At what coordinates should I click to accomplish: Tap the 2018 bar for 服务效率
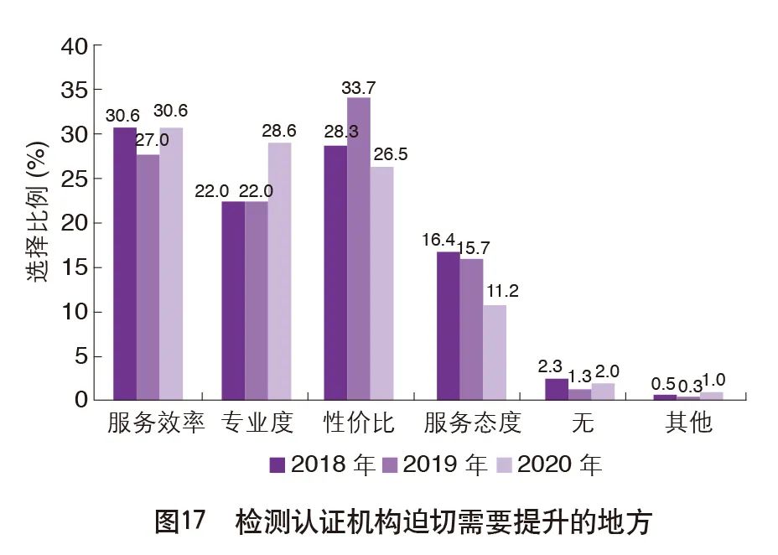125,263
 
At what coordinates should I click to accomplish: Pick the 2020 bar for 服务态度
495,352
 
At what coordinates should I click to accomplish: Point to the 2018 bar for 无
556,389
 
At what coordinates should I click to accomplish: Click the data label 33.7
358,86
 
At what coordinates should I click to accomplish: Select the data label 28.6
280,131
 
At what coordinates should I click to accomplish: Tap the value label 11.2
502,292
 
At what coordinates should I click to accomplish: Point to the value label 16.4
438,241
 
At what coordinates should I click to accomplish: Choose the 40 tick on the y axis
74,46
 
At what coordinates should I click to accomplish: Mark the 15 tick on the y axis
74,267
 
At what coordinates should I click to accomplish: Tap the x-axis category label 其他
688,423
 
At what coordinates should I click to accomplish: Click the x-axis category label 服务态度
472,423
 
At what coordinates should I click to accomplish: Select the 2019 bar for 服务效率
148,277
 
